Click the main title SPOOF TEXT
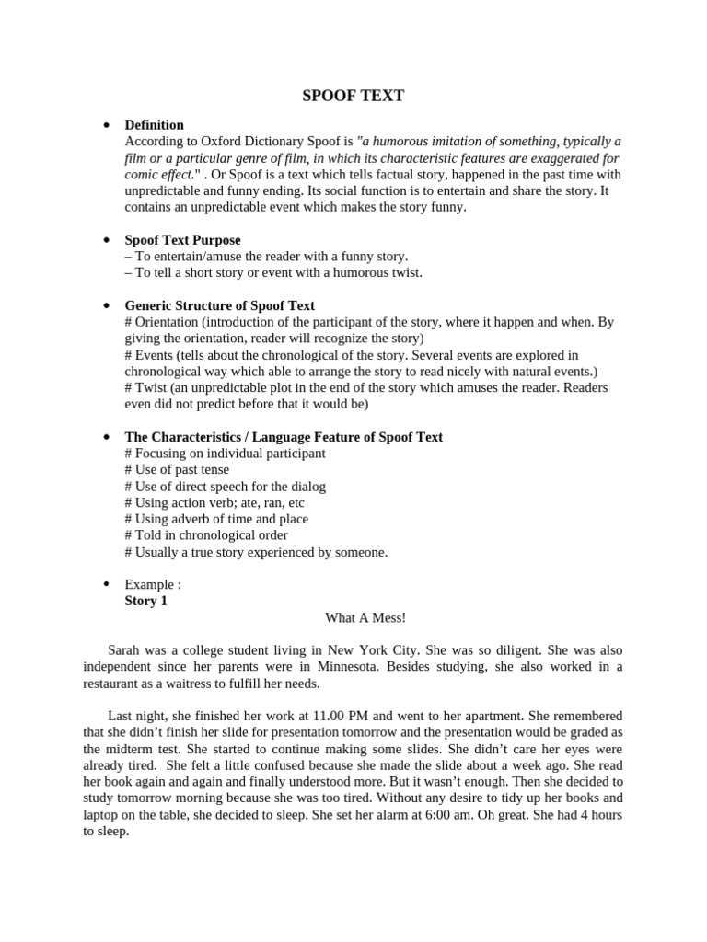click(x=353, y=95)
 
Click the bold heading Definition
click(x=154, y=124)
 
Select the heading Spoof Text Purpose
click(x=182, y=239)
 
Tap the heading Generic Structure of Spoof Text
click(x=219, y=305)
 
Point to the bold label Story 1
click(x=145, y=601)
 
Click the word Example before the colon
click(x=147, y=584)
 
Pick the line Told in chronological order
click(x=206, y=534)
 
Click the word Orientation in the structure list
click(x=166, y=322)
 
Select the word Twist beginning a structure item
click(x=151, y=387)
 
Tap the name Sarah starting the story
click(x=125, y=649)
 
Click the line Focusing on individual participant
click(x=225, y=453)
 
